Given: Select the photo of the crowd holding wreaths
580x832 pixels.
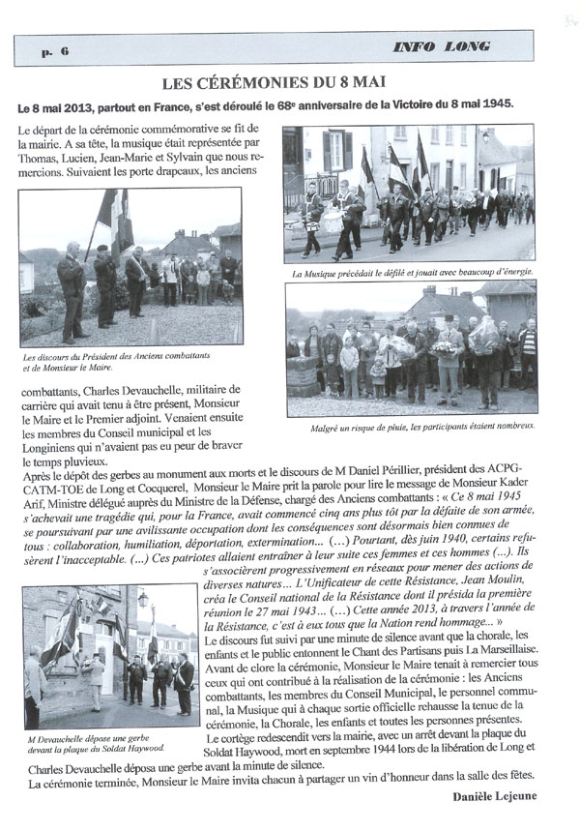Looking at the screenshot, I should (410, 349).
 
